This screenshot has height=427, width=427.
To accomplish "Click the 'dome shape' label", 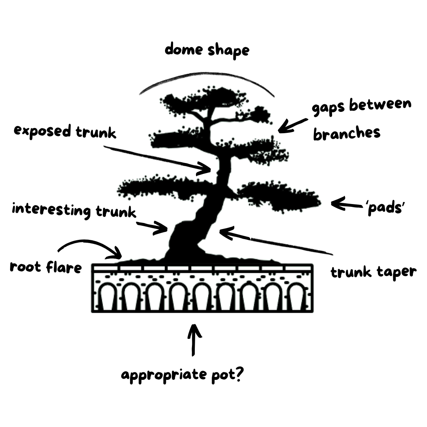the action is (x=207, y=50).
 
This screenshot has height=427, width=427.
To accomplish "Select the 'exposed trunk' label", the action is (x=65, y=132).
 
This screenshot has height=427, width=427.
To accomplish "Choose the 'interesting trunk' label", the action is (x=74, y=210).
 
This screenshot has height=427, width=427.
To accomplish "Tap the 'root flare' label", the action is (x=45, y=266).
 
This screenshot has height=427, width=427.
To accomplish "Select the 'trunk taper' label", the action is (x=373, y=272).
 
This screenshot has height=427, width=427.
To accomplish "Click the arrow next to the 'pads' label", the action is (x=347, y=204).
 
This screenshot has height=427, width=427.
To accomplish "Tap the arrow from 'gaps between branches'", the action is (x=293, y=126).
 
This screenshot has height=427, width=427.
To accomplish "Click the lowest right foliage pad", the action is (x=279, y=197).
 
